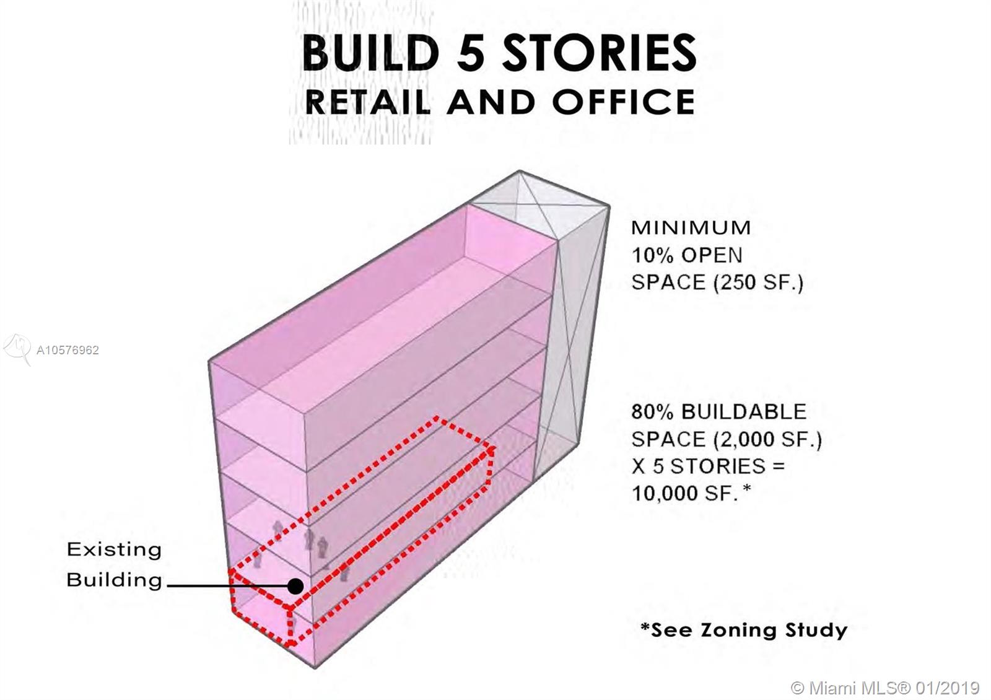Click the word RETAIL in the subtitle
(368, 102)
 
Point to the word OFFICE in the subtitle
(624, 102)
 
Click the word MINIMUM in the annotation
(691, 227)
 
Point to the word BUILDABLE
(744, 411)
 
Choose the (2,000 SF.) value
(767, 439)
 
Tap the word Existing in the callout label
(114, 549)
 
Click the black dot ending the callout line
(296, 585)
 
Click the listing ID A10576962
(68, 350)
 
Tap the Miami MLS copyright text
(886, 688)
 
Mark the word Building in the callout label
(114, 580)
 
